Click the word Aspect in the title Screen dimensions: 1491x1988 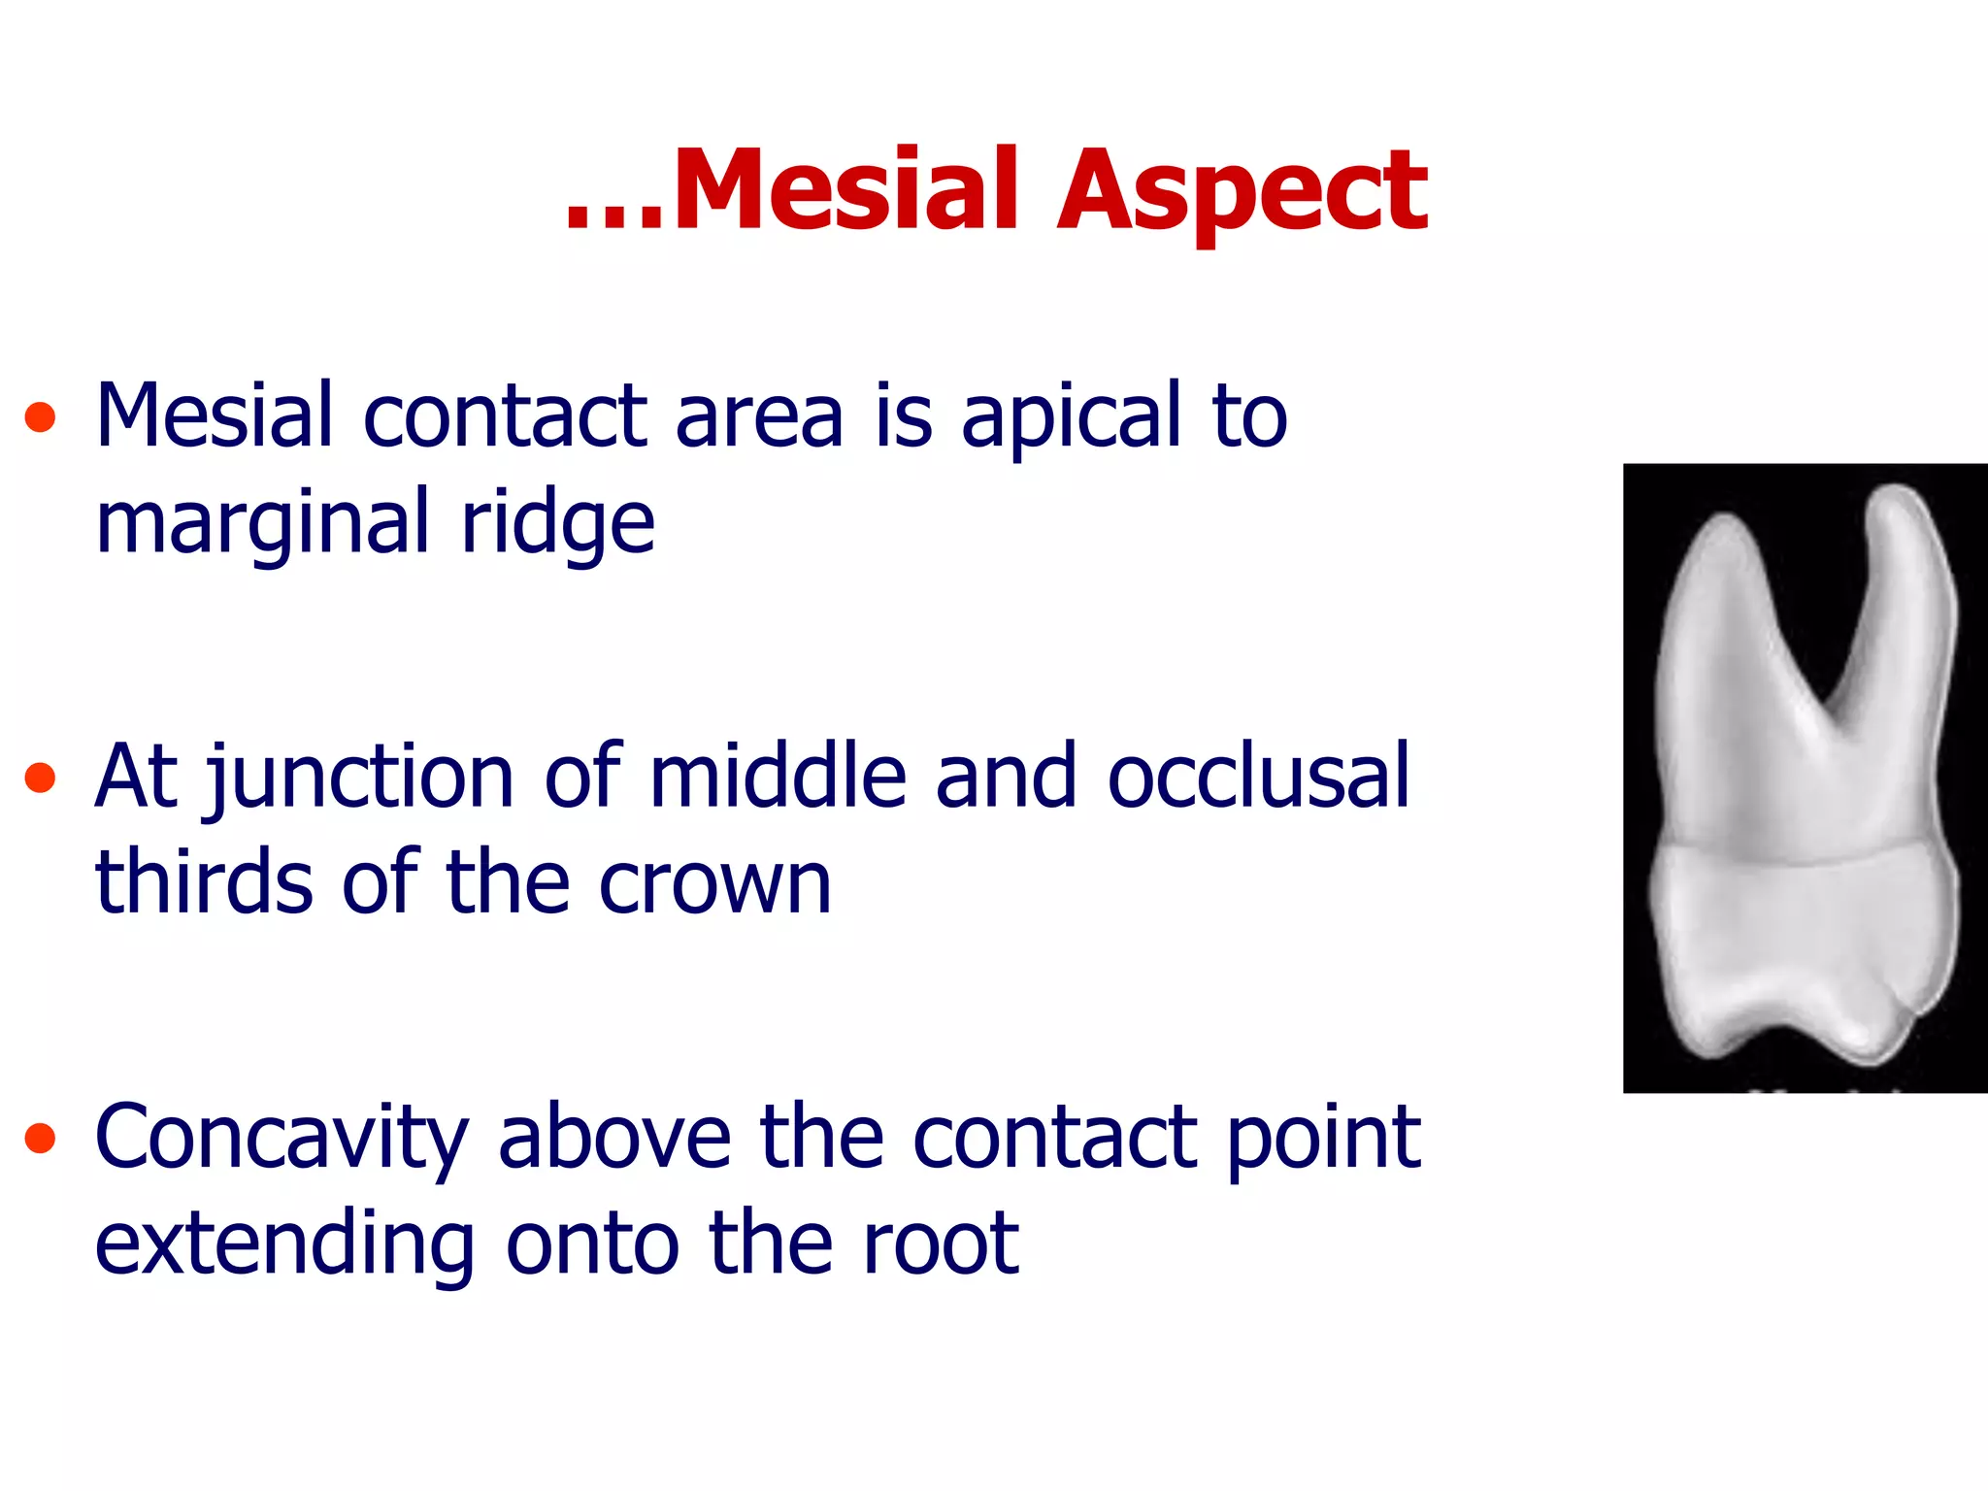coord(1242,194)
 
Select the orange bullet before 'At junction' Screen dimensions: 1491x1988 coord(40,778)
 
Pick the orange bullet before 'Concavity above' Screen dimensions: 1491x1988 coord(40,1138)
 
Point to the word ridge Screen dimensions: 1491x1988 coord(557,525)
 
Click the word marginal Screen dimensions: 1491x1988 coord(262,525)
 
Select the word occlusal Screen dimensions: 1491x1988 coord(1258,777)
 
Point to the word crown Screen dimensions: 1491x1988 coord(714,885)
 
